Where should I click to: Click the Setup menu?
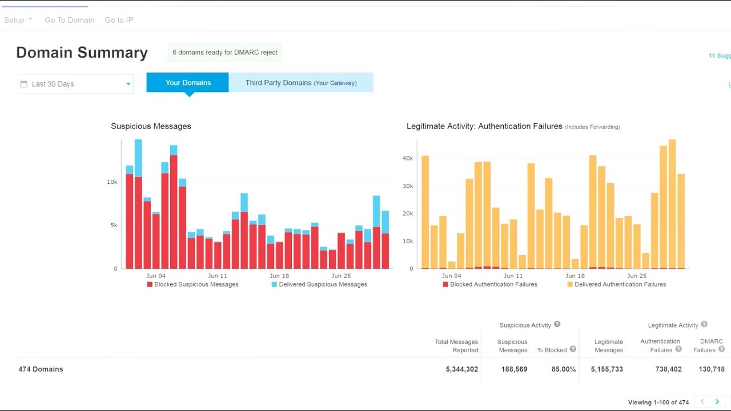point(18,20)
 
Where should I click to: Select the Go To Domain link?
point(69,20)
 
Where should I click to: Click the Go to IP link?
point(119,20)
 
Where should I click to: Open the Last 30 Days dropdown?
point(75,84)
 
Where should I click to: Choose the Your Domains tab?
point(188,83)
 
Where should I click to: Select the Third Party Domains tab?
point(301,83)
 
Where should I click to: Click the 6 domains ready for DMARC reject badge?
point(225,53)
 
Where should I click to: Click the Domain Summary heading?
point(82,53)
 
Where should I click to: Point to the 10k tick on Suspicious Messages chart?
point(112,182)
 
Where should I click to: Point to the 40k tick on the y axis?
point(408,158)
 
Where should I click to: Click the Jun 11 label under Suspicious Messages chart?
point(218,276)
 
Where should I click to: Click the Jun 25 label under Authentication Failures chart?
point(637,276)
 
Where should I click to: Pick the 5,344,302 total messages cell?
point(461,369)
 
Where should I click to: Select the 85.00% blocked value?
point(563,369)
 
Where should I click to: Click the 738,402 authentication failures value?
point(668,369)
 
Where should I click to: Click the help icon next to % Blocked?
point(573,349)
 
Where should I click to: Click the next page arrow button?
point(717,402)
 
